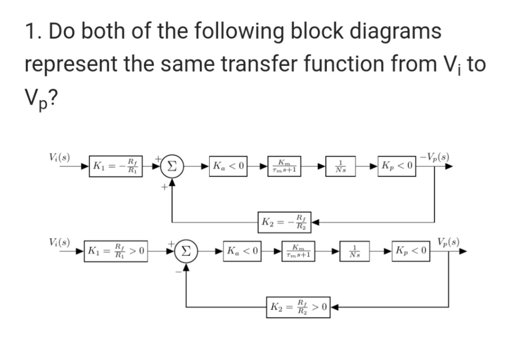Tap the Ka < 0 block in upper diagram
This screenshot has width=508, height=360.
(229, 165)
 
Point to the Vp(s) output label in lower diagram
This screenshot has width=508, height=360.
(449, 241)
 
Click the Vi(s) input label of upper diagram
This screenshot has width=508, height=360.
(60, 156)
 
